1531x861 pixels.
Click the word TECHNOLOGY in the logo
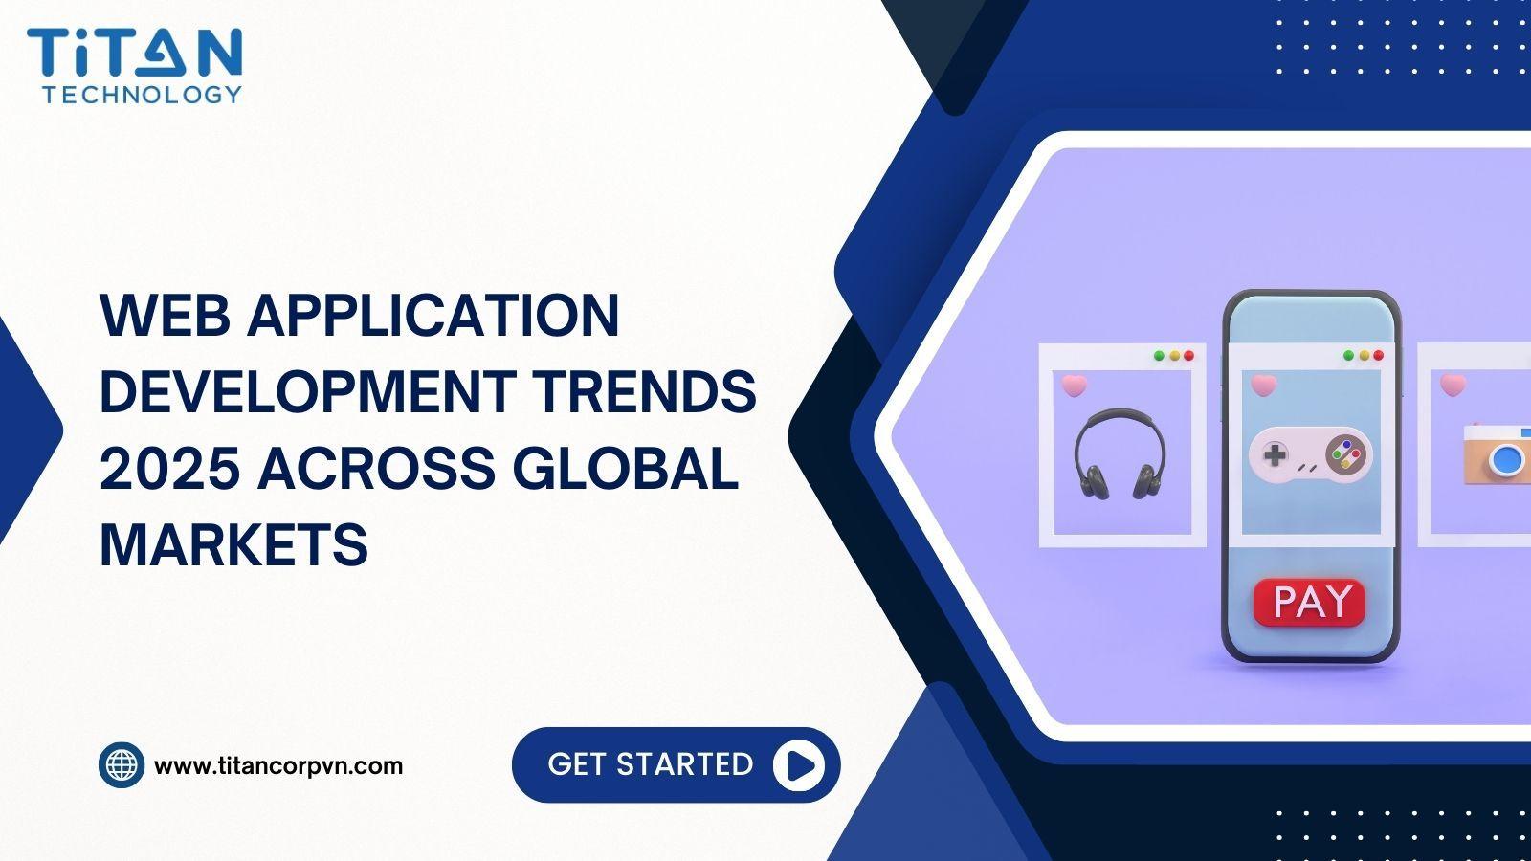coord(143,95)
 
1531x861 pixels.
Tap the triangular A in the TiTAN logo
coord(159,53)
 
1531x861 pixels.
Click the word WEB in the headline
coord(165,315)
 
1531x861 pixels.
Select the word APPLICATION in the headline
coord(433,315)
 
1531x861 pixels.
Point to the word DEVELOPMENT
coord(308,391)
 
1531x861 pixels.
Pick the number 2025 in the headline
coord(170,468)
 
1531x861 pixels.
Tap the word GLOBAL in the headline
coord(626,468)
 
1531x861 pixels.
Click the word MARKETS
coord(233,544)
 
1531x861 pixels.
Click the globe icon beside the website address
coord(122,765)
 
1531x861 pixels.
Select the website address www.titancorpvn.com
coord(278,766)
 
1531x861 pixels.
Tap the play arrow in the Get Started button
coord(799,765)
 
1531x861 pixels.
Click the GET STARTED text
coord(650,764)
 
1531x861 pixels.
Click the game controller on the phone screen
coord(1310,455)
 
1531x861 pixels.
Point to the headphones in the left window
coord(1121,453)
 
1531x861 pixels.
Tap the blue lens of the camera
coord(1506,462)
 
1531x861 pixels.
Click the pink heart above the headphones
coord(1074,386)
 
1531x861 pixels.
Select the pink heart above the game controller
coord(1263,386)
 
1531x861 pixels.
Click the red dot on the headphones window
coord(1188,356)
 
